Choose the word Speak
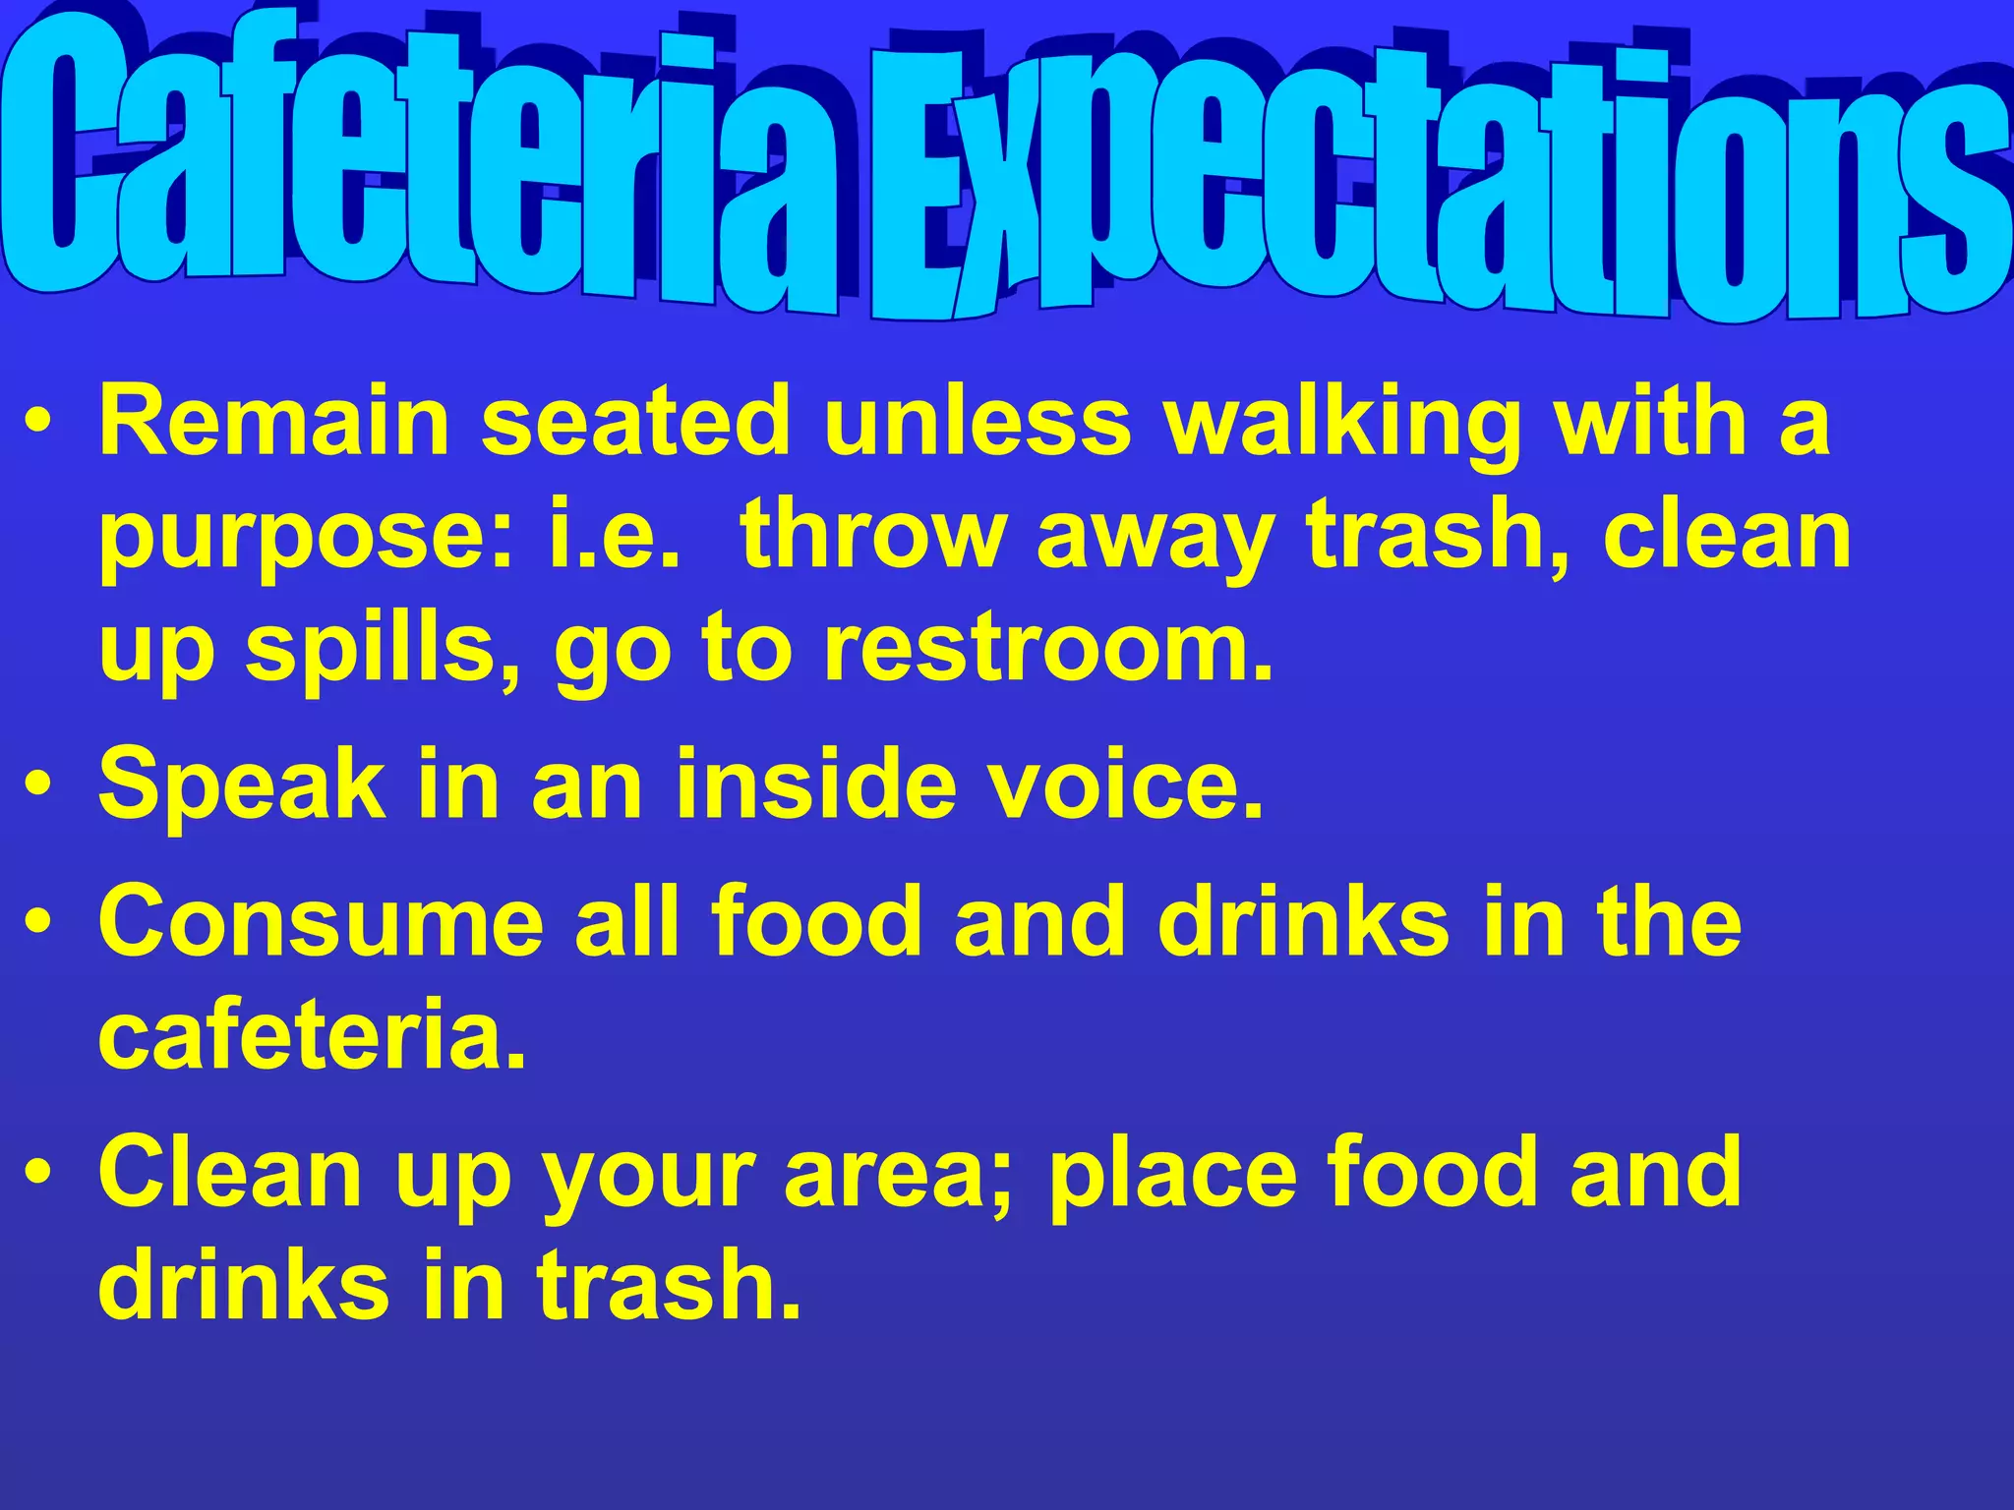[x=242, y=786]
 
